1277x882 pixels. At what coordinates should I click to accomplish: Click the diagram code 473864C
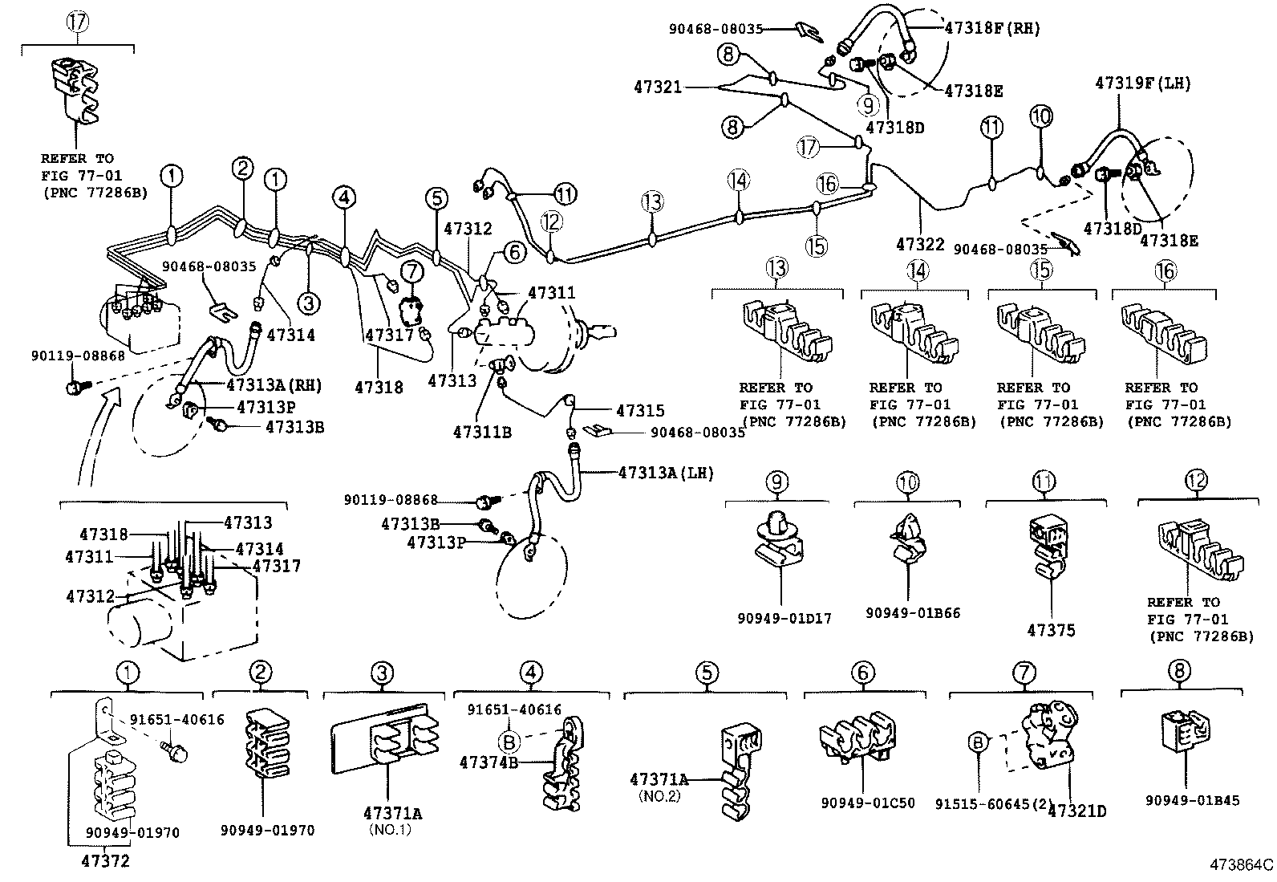[1242, 865]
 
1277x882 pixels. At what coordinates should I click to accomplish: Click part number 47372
[105, 861]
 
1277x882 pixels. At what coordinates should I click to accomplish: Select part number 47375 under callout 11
[1051, 631]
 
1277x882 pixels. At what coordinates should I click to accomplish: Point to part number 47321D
[1077, 811]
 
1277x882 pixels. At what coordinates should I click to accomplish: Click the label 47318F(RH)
[992, 28]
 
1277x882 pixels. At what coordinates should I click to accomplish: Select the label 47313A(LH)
[666, 473]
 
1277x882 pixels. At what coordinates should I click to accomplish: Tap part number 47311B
[481, 432]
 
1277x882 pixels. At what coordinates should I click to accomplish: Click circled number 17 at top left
[77, 22]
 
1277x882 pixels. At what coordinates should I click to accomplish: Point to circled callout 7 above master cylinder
[411, 272]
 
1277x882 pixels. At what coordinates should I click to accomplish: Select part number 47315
[640, 411]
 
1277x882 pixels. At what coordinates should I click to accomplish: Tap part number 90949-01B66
[913, 613]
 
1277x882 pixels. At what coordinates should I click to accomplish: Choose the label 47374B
[489, 762]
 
